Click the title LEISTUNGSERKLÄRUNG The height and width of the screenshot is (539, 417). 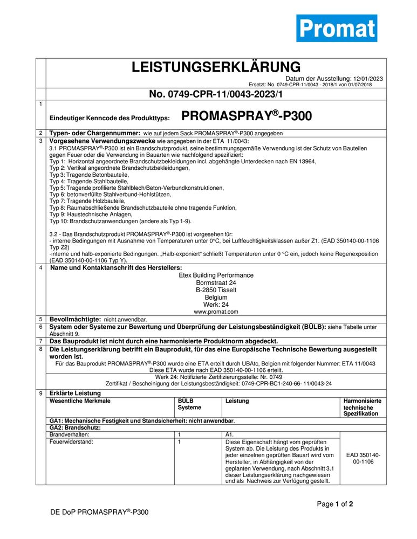(x=216, y=67)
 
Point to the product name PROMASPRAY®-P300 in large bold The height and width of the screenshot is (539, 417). (x=247, y=116)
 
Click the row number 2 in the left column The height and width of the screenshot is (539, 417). (x=41, y=133)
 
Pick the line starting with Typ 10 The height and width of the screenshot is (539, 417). (x=120, y=221)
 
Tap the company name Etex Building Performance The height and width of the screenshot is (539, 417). (x=216, y=275)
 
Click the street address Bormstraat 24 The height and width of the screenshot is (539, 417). (x=216, y=282)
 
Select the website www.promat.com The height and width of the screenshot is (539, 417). (x=216, y=312)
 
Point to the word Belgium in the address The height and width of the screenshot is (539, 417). (x=216, y=297)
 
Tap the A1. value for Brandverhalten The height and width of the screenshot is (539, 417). (x=230, y=434)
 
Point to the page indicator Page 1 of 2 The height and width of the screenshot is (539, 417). (x=335, y=505)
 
